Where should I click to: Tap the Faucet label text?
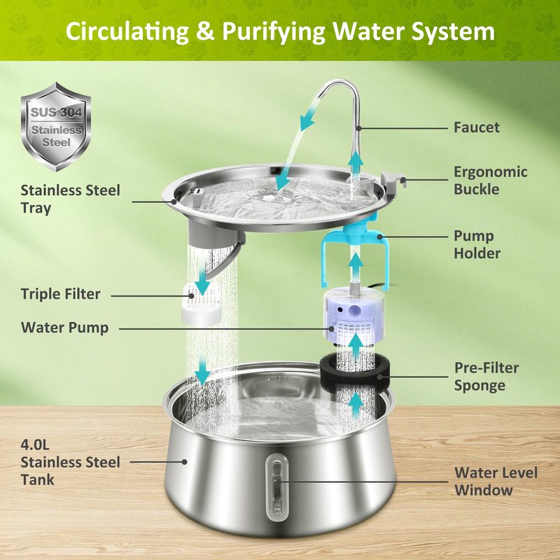(477, 127)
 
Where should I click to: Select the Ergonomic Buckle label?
(490, 181)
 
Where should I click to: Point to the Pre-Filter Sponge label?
(488, 376)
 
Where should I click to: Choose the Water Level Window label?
(496, 481)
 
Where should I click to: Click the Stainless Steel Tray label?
(70, 199)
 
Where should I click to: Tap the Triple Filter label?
(60, 294)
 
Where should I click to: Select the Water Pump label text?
(64, 327)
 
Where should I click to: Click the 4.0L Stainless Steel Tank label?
(70, 462)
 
